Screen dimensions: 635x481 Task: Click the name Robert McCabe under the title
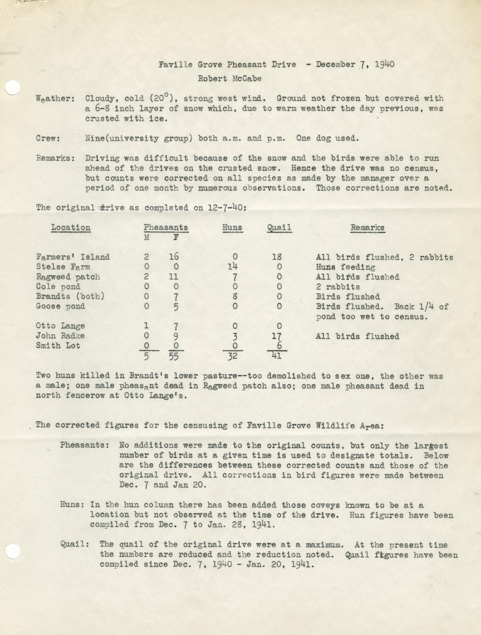click(x=230, y=78)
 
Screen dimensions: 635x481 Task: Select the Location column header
click(x=71, y=228)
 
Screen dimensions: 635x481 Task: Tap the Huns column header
click(x=232, y=228)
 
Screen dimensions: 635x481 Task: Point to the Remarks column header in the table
click(x=367, y=228)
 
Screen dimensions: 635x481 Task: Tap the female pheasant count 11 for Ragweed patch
click(x=174, y=277)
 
